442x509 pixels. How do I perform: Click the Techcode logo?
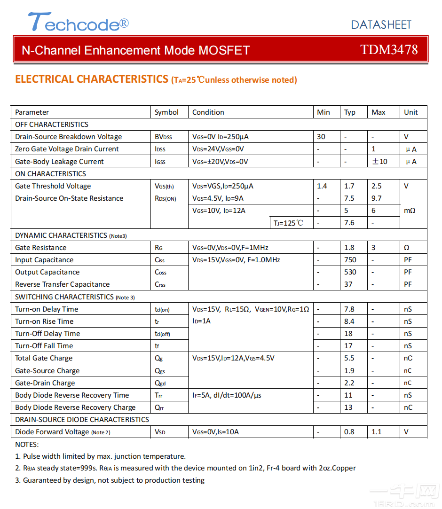pos(78,22)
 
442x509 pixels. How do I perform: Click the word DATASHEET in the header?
pos(381,24)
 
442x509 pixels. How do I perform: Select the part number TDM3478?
pos(389,50)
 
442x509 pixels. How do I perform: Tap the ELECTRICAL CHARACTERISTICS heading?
pos(92,79)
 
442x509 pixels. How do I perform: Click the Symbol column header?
pos(166,112)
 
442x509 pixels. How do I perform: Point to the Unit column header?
pos(410,112)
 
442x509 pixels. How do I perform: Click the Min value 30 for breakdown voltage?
pos(321,137)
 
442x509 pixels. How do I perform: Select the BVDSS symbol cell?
pos(163,137)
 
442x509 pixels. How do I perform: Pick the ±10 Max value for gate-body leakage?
pos(379,162)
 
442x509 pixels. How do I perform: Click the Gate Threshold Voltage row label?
pos(53,186)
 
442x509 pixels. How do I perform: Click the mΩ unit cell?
pos(410,211)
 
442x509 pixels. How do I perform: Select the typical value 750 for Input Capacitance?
pos(350,260)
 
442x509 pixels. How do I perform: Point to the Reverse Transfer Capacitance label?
pos(63,284)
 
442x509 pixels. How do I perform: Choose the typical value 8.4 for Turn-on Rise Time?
pos(349,321)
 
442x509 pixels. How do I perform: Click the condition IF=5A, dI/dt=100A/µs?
pos(227,395)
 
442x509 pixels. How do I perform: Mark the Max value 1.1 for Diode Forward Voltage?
pos(377,432)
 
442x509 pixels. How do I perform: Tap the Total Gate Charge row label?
pos(44,358)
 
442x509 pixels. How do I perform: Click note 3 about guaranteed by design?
pos(110,480)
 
